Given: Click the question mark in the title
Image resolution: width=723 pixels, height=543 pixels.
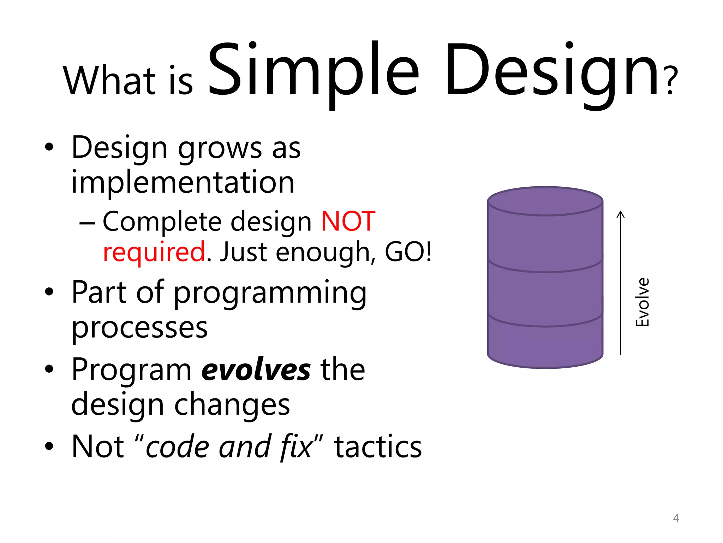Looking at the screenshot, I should click(x=672, y=81).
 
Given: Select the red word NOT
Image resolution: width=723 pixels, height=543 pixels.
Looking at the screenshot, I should click(x=348, y=221).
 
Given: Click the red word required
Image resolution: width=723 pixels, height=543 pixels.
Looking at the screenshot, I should click(x=154, y=252).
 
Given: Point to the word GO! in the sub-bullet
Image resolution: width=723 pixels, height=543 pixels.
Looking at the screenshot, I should click(x=408, y=252).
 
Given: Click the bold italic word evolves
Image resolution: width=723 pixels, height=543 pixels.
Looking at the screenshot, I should click(x=256, y=370).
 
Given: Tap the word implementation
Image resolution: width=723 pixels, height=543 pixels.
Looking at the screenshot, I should click(x=183, y=182).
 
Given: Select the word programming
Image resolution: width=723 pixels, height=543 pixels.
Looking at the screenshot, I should click(x=270, y=293).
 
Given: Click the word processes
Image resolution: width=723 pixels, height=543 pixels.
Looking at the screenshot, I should click(x=139, y=327).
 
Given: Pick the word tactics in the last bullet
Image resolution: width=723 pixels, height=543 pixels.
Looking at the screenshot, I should click(x=378, y=447).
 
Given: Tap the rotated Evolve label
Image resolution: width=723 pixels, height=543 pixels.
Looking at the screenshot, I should click(x=642, y=302).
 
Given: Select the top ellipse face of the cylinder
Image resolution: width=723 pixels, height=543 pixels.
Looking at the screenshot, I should click(x=545, y=201).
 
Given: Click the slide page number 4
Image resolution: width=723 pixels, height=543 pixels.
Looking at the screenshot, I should click(x=676, y=518).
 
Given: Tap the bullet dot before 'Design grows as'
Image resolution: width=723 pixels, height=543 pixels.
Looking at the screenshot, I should click(x=49, y=147).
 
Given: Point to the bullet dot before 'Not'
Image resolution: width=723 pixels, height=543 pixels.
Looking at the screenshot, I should click(x=49, y=447).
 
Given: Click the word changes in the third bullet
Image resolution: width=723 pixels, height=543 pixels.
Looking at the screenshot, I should click(x=232, y=405).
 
